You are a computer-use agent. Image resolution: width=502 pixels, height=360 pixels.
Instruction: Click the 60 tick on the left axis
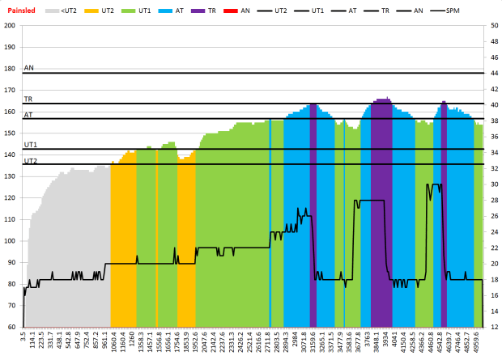[11, 305]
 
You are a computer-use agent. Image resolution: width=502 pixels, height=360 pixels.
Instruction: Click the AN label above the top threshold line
[29, 69]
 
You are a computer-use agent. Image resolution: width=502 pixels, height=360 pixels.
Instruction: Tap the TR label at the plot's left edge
[28, 99]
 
